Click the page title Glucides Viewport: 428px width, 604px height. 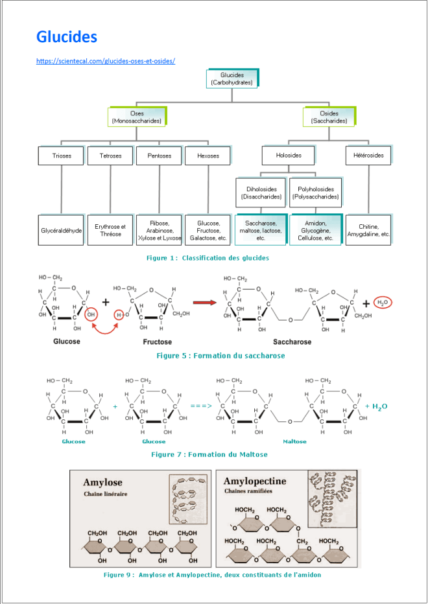tap(67, 37)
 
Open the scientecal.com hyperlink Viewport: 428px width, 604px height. tap(106, 61)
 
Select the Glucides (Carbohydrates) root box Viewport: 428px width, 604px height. tap(232, 78)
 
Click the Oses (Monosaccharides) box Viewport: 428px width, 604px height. tap(137, 117)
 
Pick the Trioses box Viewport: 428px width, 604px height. tap(62, 156)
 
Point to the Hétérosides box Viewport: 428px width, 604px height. tap(368, 156)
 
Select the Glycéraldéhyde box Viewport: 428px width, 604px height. tap(62, 230)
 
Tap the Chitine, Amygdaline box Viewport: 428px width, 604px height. tap(368, 230)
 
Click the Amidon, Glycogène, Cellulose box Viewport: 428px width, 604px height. tap(315, 230)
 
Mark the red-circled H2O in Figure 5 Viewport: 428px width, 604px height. tap(383, 302)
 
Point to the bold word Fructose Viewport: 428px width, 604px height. tap(158, 342)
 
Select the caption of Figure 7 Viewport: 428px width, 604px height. tap(209, 454)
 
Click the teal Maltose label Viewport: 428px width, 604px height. tap(295, 441)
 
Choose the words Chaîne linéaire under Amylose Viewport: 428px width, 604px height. tap(106, 494)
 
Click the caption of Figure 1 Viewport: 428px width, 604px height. tap(208, 258)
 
